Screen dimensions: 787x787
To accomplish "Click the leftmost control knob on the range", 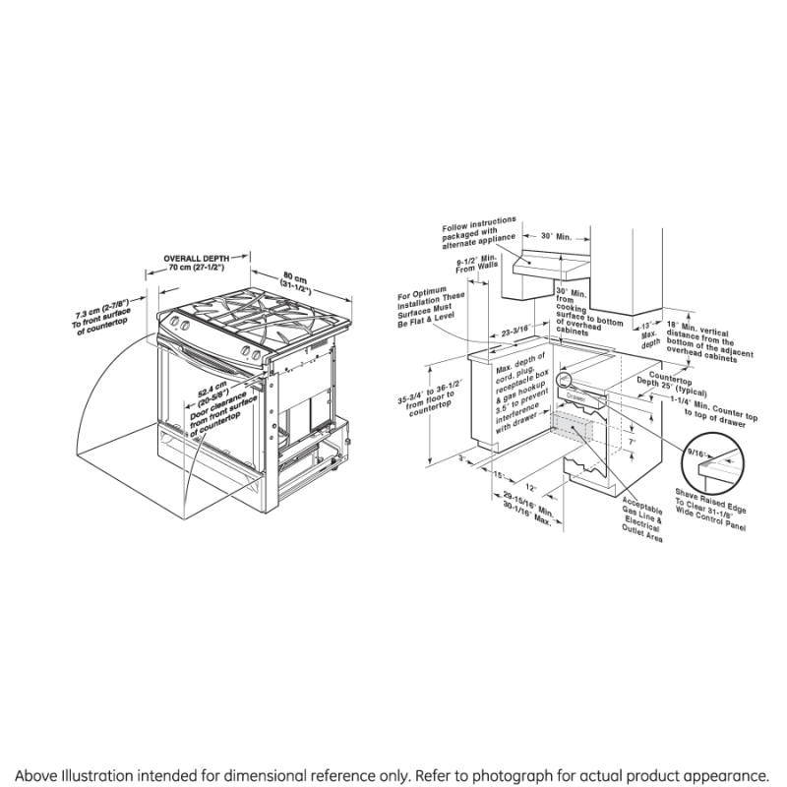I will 175,323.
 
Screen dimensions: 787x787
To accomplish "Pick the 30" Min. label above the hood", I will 556,237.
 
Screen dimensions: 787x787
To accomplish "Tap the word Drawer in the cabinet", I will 575,397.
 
